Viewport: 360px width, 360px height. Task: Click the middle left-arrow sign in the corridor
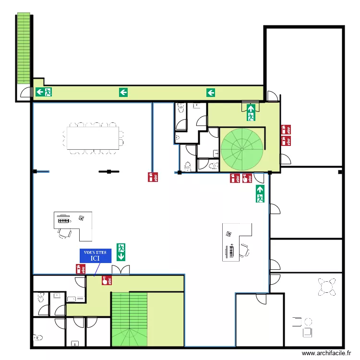[123, 92]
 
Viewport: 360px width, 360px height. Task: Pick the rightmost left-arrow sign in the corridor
[211, 93]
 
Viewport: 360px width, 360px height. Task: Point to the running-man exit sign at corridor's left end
[44, 92]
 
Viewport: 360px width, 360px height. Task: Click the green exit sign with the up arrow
[260, 193]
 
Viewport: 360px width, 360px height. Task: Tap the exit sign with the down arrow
[121, 252]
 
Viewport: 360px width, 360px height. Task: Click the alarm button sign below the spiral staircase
[247, 179]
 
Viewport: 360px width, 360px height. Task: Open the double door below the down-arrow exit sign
[120, 270]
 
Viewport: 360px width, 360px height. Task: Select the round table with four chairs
[327, 287]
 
